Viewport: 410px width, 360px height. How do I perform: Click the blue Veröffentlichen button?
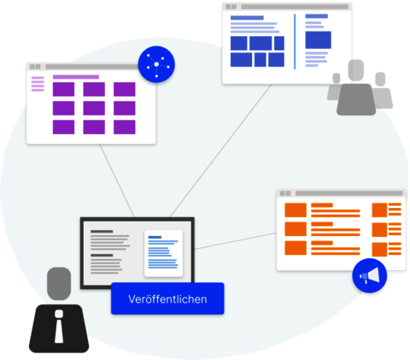167,298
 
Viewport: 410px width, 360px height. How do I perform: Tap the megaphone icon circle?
370,275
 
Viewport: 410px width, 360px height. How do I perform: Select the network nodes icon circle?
156,64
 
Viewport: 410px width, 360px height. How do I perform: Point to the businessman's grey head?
59,283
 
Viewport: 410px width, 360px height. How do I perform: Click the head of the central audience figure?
356,70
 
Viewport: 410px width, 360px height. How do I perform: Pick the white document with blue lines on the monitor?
163,253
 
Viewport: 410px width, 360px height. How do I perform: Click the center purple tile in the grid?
94,109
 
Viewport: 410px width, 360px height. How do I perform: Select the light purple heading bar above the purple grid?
76,77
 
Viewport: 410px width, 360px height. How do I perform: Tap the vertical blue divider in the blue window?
295,41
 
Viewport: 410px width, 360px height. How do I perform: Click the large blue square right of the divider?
319,40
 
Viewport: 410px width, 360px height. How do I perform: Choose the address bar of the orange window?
349,193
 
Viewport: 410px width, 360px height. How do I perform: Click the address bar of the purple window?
92,67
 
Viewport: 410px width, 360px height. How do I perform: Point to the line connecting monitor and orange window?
236,241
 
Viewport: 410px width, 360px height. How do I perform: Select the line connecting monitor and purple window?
117,180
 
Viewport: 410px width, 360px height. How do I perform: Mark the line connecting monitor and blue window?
220,150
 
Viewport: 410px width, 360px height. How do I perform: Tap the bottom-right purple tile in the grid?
125,127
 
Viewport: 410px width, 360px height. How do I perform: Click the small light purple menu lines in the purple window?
38,84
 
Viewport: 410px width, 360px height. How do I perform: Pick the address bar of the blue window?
295,7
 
